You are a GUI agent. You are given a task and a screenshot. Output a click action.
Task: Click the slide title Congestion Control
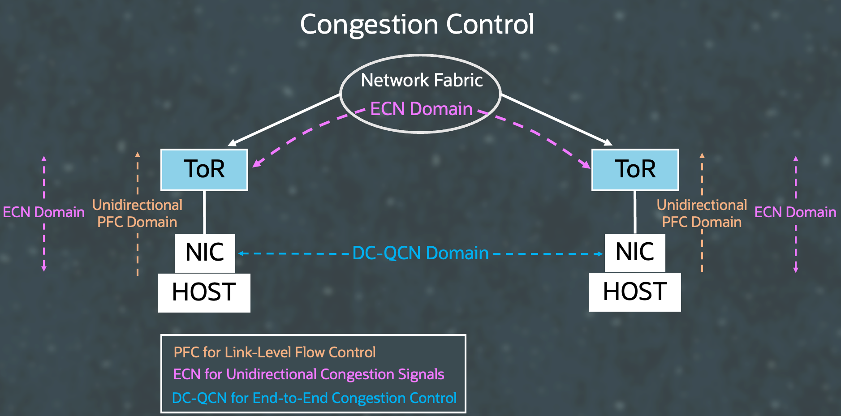417,24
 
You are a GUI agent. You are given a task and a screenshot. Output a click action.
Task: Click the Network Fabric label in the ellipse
422,81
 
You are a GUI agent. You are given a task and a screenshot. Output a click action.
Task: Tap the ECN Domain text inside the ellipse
421,109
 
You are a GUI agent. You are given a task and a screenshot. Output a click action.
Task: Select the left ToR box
204,170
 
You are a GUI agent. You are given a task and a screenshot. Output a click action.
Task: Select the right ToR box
635,170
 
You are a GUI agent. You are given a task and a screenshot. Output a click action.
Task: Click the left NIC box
205,253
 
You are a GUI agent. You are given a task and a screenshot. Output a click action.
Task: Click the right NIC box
634,252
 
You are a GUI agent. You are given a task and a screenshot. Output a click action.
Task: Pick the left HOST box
204,292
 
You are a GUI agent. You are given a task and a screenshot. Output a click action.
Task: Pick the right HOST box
634,292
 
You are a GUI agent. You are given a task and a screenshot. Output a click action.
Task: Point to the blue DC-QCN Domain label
420,253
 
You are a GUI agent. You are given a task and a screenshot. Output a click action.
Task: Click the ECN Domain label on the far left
43,212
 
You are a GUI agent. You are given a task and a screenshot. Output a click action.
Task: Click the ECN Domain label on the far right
795,212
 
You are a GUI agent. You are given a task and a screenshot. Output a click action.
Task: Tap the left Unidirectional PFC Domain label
137,214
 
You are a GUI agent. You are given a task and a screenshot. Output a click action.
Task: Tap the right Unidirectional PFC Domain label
702,214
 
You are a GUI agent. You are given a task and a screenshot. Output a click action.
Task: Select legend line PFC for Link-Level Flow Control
274,352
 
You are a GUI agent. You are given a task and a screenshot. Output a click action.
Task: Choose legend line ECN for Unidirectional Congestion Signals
308,374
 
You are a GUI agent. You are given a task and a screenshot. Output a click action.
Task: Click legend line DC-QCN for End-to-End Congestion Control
314,398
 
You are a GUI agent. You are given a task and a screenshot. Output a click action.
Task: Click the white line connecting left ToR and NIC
204,212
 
